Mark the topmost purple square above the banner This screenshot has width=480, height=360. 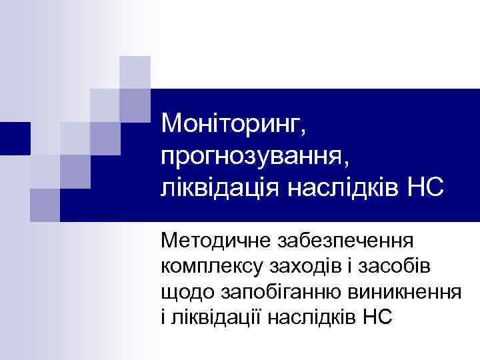tap(135, 72)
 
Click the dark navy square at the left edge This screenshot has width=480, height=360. tap(15, 139)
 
